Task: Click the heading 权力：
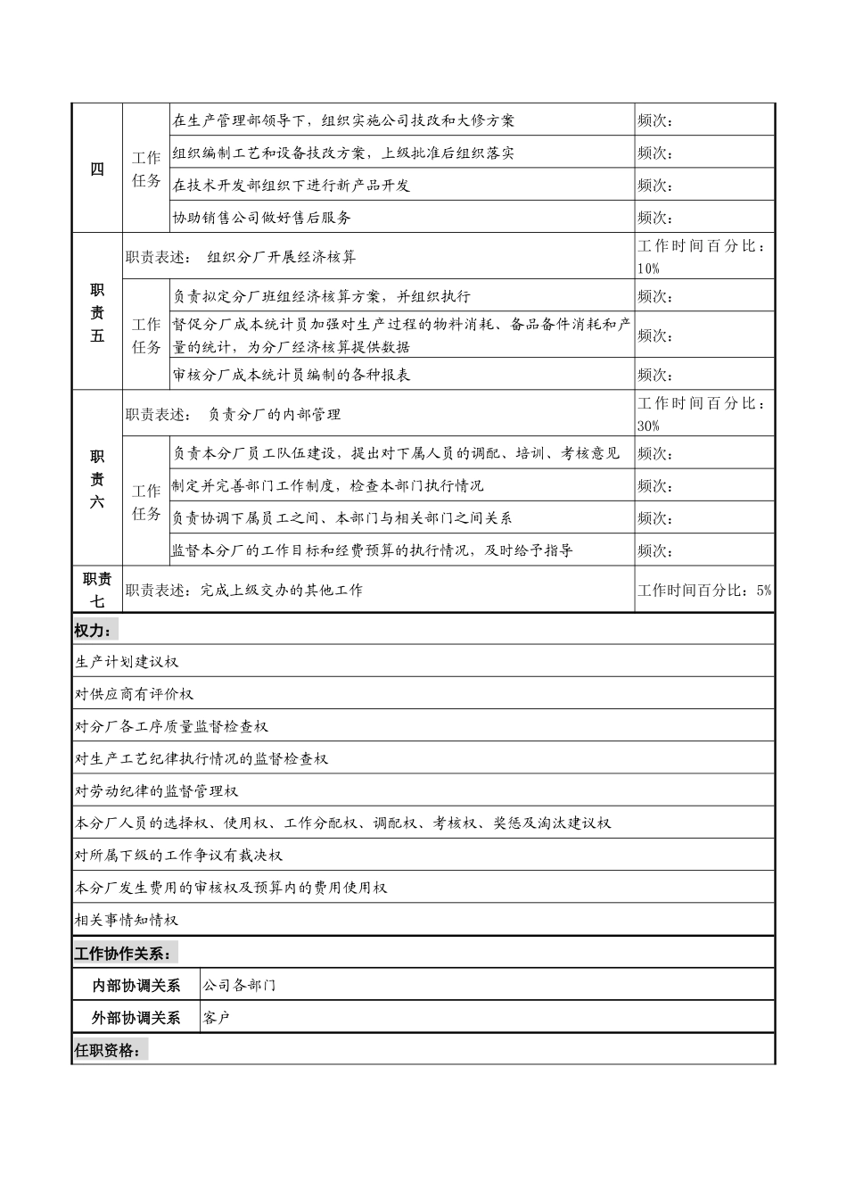coord(94,631)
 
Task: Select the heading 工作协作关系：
coord(123,954)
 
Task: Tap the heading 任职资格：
coord(108,1051)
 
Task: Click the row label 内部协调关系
coord(136,986)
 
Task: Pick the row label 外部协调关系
coord(136,1018)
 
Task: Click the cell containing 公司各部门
coord(240,986)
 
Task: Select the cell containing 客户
coord(217,1018)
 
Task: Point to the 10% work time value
coord(649,269)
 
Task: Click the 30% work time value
coord(649,426)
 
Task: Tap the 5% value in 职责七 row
coord(763,591)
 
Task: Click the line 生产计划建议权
coord(127,662)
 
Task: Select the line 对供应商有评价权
coord(134,694)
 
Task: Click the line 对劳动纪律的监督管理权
coord(156,791)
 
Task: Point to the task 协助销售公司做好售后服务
coord(262,218)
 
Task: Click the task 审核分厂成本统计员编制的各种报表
coord(292,375)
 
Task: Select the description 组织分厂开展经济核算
coord(282,258)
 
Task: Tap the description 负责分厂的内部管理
coord(275,415)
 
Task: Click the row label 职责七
coord(97,590)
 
